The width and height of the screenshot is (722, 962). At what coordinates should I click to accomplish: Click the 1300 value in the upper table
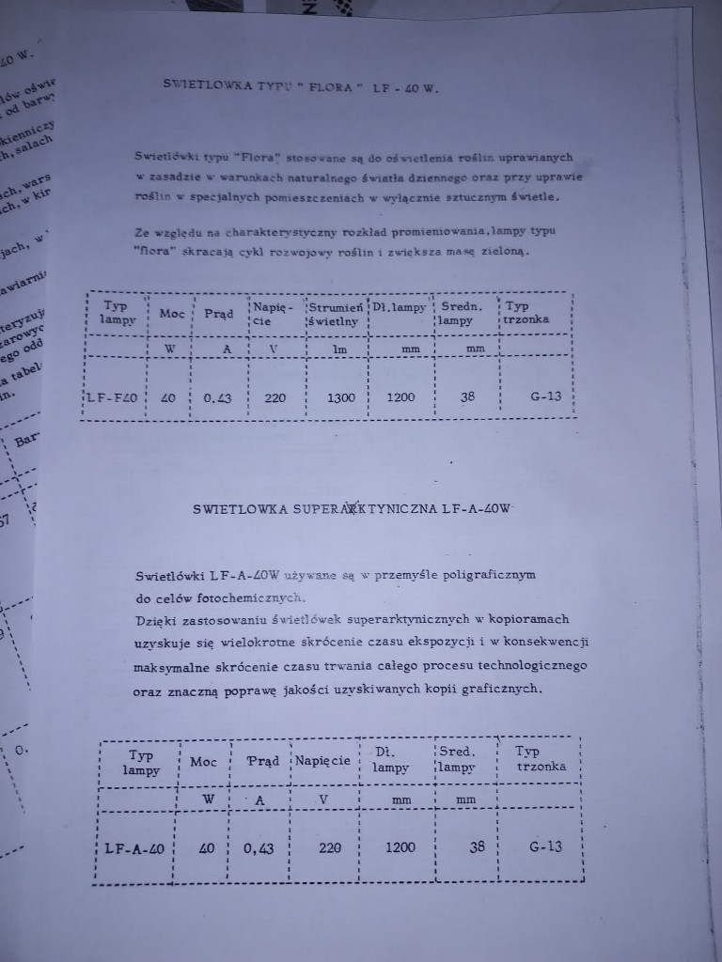[x=340, y=397]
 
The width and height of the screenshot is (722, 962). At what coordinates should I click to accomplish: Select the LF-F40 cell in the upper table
[x=113, y=396]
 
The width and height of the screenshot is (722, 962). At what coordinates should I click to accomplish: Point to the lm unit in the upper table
[x=340, y=349]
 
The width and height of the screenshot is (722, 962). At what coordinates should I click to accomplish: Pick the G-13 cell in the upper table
[x=545, y=396]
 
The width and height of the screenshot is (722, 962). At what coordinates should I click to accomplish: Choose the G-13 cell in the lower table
[x=545, y=846]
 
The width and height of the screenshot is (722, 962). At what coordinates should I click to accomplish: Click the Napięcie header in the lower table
[x=322, y=760]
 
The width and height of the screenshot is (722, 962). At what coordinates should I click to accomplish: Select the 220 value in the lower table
[x=330, y=847]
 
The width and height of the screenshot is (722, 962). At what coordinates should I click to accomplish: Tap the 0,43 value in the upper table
[x=219, y=397]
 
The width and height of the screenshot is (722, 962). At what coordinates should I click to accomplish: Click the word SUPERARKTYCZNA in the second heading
[x=371, y=509]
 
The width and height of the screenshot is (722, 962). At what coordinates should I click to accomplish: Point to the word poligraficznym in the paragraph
[x=481, y=573]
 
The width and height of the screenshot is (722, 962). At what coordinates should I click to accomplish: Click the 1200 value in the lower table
[x=400, y=846]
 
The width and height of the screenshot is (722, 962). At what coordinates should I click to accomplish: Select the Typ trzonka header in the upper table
[x=526, y=312]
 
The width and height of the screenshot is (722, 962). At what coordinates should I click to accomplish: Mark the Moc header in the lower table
[x=203, y=761]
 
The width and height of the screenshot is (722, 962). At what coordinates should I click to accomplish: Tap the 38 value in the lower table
[x=477, y=846]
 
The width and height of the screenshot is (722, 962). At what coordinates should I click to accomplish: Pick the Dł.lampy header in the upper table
[x=399, y=307]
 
